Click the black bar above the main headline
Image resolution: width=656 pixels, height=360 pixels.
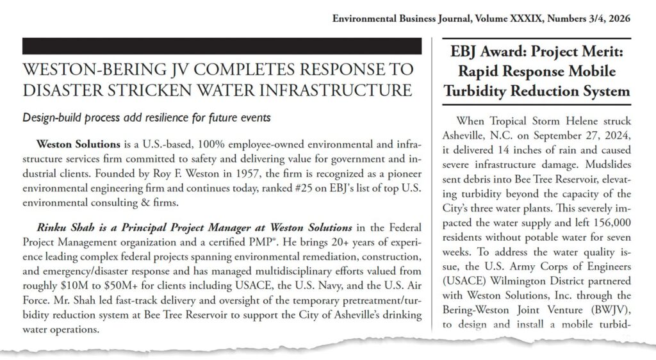(222, 46)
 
